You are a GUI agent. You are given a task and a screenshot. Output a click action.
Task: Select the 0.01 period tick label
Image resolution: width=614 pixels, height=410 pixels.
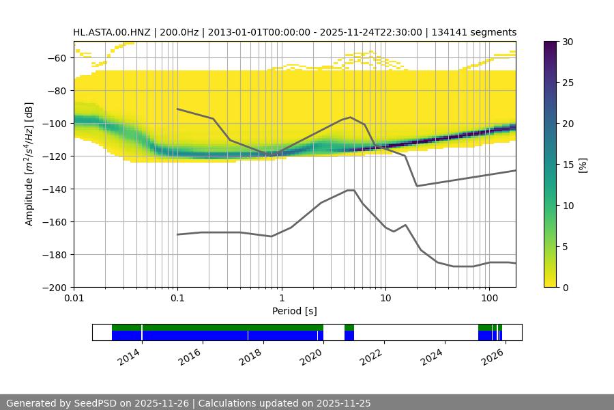click(74, 299)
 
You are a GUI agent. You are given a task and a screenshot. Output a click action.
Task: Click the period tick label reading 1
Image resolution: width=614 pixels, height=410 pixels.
click(281, 299)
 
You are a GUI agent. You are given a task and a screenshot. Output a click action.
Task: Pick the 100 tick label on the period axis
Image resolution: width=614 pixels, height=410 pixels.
click(488, 299)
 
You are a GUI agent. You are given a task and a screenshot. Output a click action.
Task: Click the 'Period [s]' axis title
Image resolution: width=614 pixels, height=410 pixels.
click(295, 311)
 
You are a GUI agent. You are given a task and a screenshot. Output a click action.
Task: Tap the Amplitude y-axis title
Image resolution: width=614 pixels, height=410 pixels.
click(29, 164)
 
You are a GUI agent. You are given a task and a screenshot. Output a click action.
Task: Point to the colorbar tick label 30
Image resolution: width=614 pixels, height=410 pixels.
click(566, 42)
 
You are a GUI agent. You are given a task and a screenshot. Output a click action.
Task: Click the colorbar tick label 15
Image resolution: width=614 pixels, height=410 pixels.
click(566, 165)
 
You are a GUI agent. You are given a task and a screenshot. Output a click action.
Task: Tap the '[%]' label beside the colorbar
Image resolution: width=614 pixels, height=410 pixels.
click(583, 165)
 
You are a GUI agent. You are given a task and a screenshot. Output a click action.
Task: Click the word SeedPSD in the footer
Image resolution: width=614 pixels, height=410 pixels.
click(95, 403)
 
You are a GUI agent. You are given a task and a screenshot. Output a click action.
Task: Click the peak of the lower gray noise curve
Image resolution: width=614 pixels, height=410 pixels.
click(351, 190)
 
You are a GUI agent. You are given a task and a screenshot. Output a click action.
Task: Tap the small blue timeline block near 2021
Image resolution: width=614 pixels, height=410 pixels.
click(349, 336)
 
